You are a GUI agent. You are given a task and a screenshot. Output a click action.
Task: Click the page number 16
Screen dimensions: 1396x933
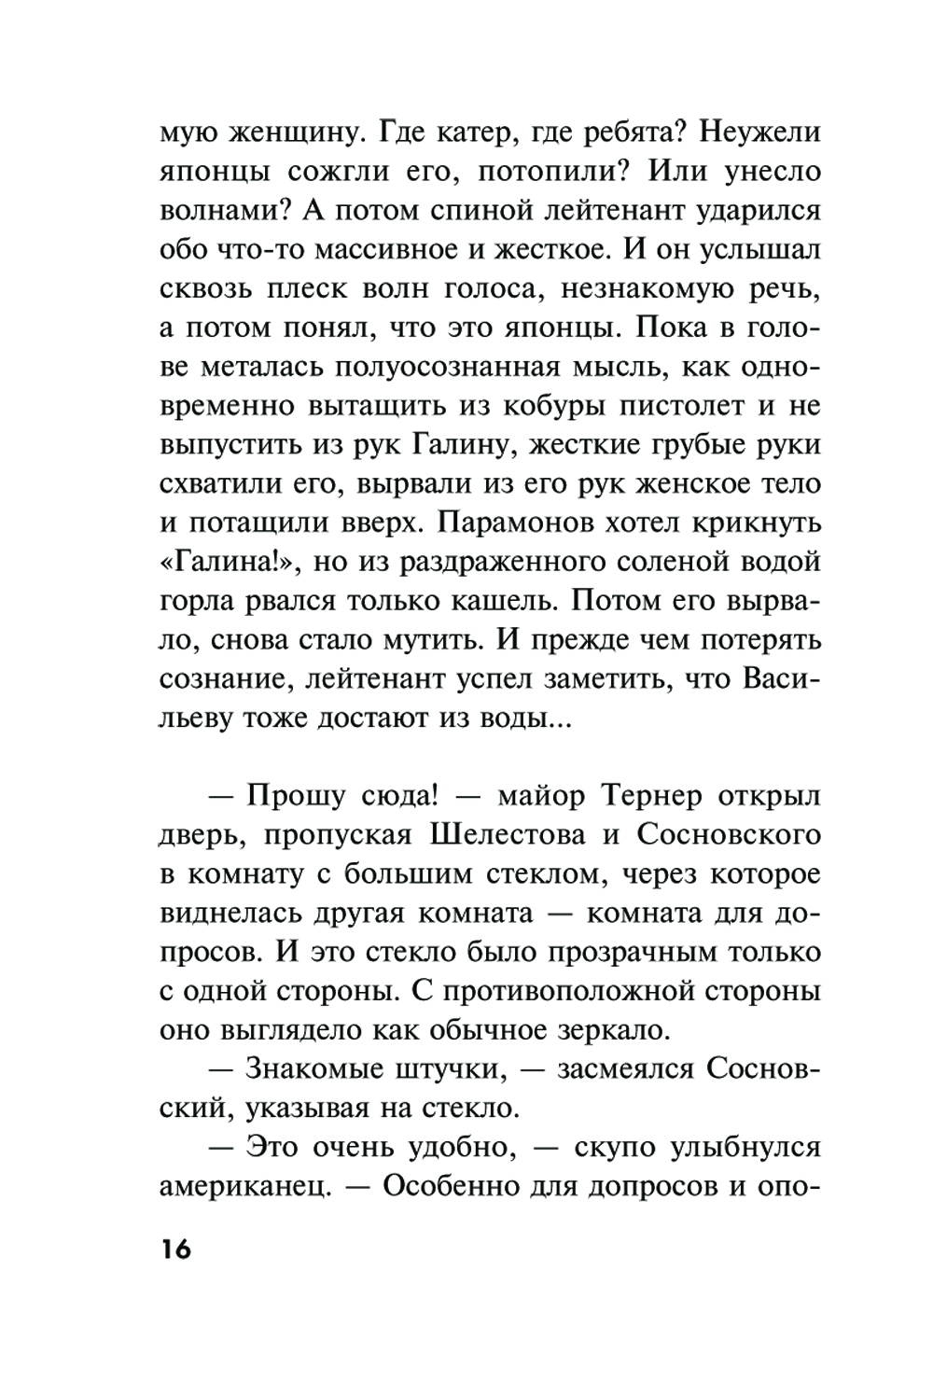point(174,1249)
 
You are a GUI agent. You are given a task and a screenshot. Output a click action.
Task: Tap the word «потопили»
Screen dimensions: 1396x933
point(545,173)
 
